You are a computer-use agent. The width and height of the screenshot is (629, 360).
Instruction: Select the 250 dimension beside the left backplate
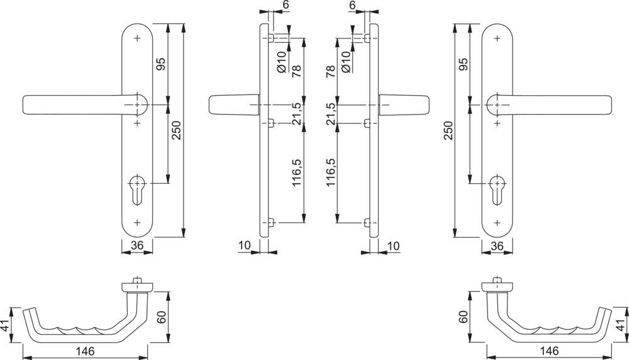coord(177,130)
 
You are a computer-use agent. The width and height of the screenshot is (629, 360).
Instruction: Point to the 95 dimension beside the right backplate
coord(464,64)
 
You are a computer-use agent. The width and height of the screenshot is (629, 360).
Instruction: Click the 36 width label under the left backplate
coord(137,245)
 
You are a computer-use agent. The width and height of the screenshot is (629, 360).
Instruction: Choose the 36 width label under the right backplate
coord(497,245)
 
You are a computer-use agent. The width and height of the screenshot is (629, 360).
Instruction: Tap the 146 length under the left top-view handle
coord(85,351)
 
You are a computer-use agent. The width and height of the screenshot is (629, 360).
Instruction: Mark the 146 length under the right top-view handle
coord(549,351)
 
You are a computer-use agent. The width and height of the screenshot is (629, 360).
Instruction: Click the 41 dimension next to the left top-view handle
coord(6,325)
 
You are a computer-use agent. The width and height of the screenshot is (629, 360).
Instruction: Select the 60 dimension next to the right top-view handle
coord(464,317)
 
